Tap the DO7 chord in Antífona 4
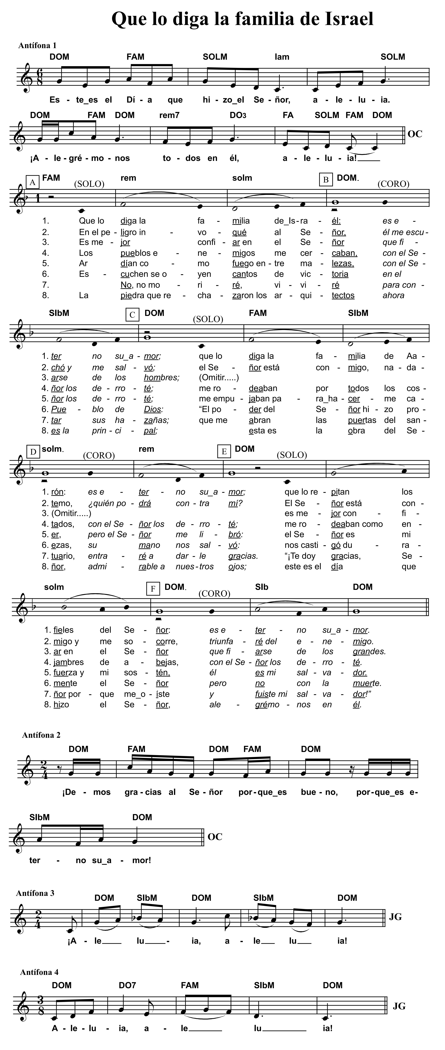point(127,985)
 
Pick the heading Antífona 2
point(41,735)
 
